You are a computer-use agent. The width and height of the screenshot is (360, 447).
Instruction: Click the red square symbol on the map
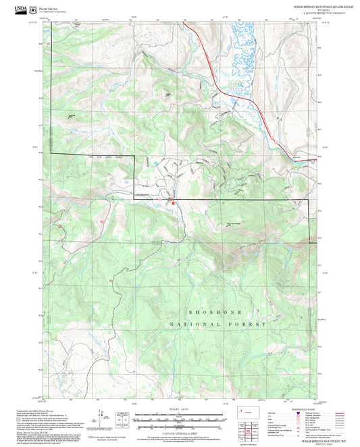coord(173,201)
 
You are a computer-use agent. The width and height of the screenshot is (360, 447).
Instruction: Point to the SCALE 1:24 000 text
coord(179,409)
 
